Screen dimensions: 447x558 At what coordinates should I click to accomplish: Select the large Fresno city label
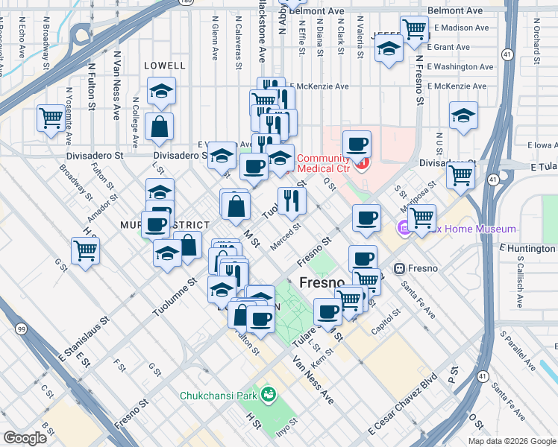pos(322,283)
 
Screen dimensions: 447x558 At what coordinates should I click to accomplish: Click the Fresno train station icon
pos(400,267)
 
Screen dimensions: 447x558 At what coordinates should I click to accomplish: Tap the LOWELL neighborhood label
pos(164,66)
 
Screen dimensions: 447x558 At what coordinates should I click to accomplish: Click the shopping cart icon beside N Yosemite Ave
pos(51,118)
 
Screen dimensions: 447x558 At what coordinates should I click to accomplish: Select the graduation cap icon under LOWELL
pos(162,91)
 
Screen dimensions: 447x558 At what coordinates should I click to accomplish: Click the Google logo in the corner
pos(25,437)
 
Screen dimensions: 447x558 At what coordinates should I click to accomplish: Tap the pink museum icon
pos(403,227)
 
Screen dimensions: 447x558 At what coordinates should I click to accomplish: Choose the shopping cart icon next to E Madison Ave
pos(414,30)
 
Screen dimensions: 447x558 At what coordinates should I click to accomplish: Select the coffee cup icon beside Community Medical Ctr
pos(357,143)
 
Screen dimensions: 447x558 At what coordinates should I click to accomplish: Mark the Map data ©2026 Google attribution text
pos(512,441)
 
